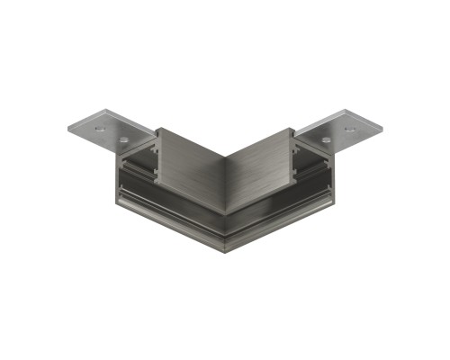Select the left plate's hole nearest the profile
pyautogui.click(x=122, y=140)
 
